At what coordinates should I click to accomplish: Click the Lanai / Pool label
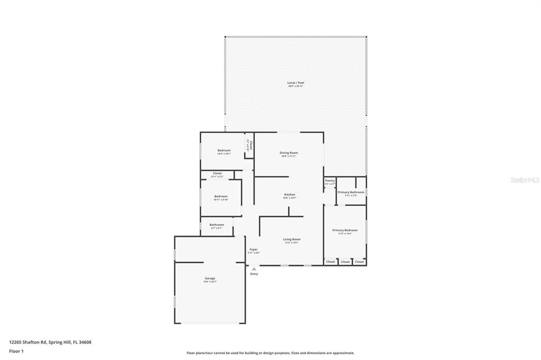pos(296,83)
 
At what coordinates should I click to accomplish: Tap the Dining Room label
pos(288,153)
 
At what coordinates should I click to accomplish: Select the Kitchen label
pos(290,195)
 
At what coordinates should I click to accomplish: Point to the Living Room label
pos(292,240)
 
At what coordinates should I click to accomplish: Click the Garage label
pos(210,278)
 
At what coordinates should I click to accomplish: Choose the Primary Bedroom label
pos(344,230)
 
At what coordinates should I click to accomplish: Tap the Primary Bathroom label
pos(351,192)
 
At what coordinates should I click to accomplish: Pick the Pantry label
pos(330,181)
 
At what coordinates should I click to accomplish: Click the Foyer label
pos(254,249)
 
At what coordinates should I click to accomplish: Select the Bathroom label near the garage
pos(217,225)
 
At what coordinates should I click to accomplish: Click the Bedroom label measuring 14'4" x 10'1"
pos(224,150)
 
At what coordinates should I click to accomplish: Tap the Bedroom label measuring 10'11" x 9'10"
pos(221,196)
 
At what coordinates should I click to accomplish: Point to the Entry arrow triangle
pos(254,269)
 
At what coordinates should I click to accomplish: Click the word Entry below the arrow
pos(254,274)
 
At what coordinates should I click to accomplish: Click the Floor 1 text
pos(16,350)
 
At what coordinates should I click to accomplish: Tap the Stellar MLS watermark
pos(525,180)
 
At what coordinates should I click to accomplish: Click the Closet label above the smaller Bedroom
pos(217,173)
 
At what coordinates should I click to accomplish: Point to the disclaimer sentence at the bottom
pos(270,353)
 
